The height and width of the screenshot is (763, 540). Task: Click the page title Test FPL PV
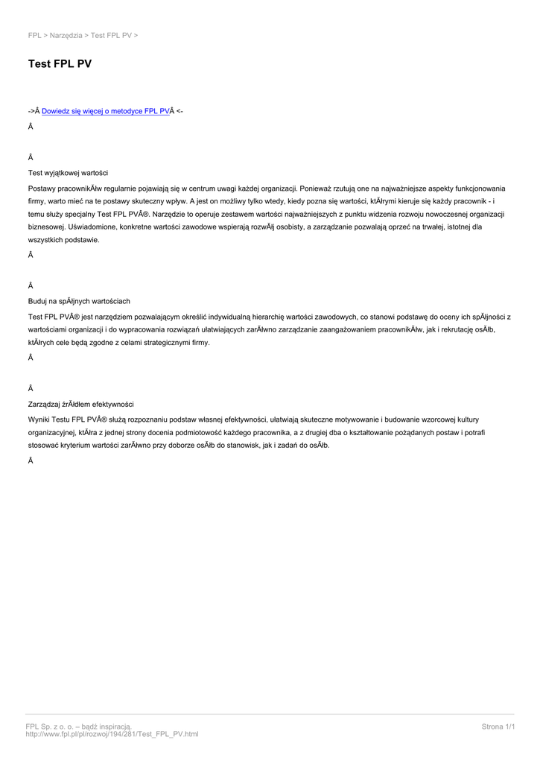click(x=60, y=64)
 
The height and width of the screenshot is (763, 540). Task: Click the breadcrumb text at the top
click(x=83, y=35)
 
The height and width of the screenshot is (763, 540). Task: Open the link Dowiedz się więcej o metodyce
click(x=106, y=111)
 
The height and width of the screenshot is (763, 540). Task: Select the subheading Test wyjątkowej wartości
click(x=68, y=173)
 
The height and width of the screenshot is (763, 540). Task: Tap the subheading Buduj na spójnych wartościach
click(x=79, y=301)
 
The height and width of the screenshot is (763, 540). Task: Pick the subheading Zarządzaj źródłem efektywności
click(x=80, y=404)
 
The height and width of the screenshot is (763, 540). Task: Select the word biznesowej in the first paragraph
click(x=45, y=227)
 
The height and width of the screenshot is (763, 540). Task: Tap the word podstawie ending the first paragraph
click(x=82, y=240)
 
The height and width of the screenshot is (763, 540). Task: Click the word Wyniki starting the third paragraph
click(x=40, y=420)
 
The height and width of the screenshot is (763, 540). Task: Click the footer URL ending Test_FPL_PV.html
click(x=112, y=734)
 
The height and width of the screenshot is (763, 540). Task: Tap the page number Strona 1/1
click(x=498, y=726)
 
